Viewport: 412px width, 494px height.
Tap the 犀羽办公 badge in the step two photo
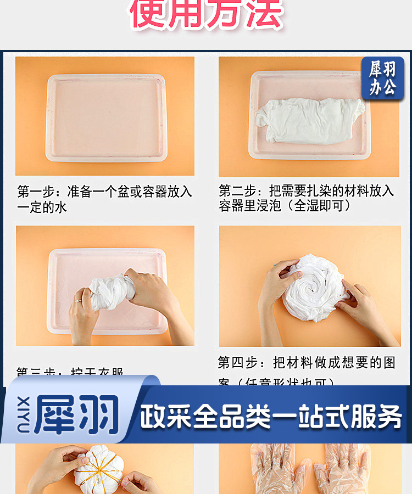click(382, 78)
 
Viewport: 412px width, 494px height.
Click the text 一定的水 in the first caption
click(42, 207)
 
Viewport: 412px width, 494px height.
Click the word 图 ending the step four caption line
click(389, 363)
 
